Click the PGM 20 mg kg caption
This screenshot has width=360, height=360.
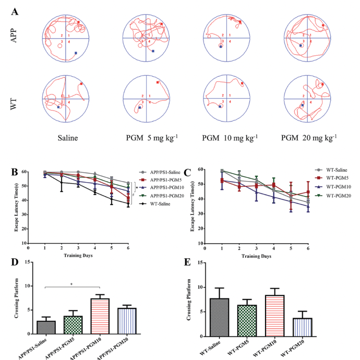(x=308, y=138)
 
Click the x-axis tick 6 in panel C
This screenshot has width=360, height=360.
(x=308, y=248)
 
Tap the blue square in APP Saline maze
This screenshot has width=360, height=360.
(x=76, y=53)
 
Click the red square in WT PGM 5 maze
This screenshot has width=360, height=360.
(x=158, y=82)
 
